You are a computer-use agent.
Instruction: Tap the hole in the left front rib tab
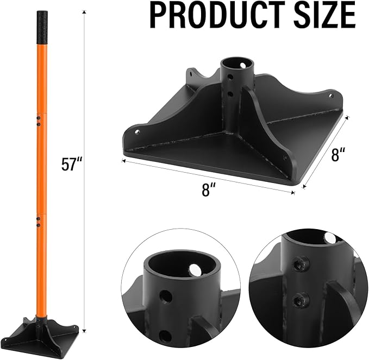[x=136, y=131]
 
